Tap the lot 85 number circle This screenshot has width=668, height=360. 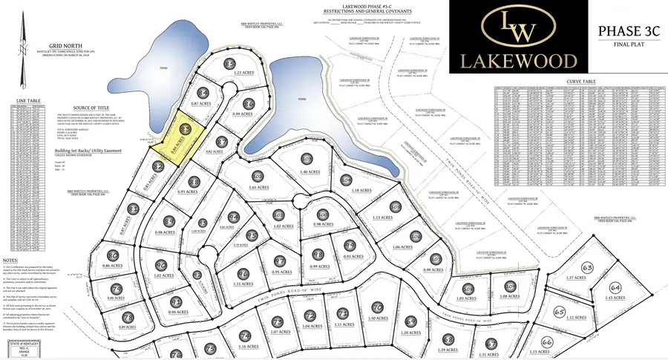point(229,64)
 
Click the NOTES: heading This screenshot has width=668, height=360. point(11,262)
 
